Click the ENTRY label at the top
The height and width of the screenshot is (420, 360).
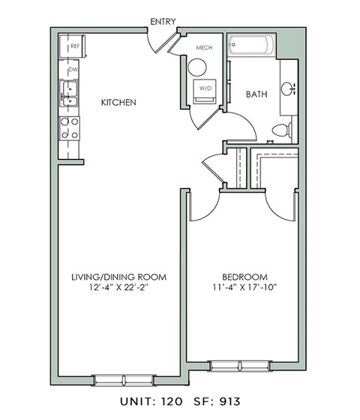click(163, 21)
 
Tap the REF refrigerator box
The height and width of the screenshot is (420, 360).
click(74, 46)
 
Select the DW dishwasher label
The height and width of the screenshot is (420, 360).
click(73, 70)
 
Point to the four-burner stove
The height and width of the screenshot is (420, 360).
click(70, 127)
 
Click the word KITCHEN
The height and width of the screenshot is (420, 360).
click(119, 102)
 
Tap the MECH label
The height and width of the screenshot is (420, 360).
click(205, 47)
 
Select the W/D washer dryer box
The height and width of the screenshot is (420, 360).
click(204, 89)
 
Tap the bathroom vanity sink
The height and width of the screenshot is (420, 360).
click(288, 88)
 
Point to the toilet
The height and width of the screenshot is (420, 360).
click(282, 130)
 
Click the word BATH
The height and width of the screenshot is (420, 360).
click(257, 94)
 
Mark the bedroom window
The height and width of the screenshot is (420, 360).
click(234, 365)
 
